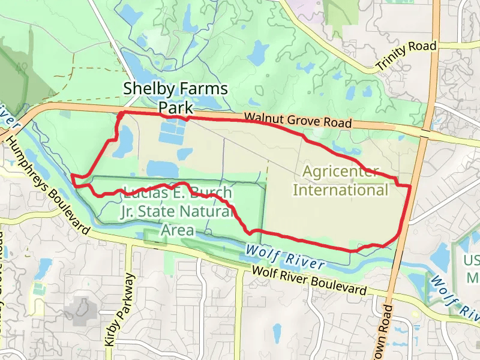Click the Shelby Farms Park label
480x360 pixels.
175,98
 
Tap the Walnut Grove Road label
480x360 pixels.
298,120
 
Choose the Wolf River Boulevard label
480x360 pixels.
309,280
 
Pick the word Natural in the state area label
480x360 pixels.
206,211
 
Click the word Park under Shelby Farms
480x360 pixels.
176,108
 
